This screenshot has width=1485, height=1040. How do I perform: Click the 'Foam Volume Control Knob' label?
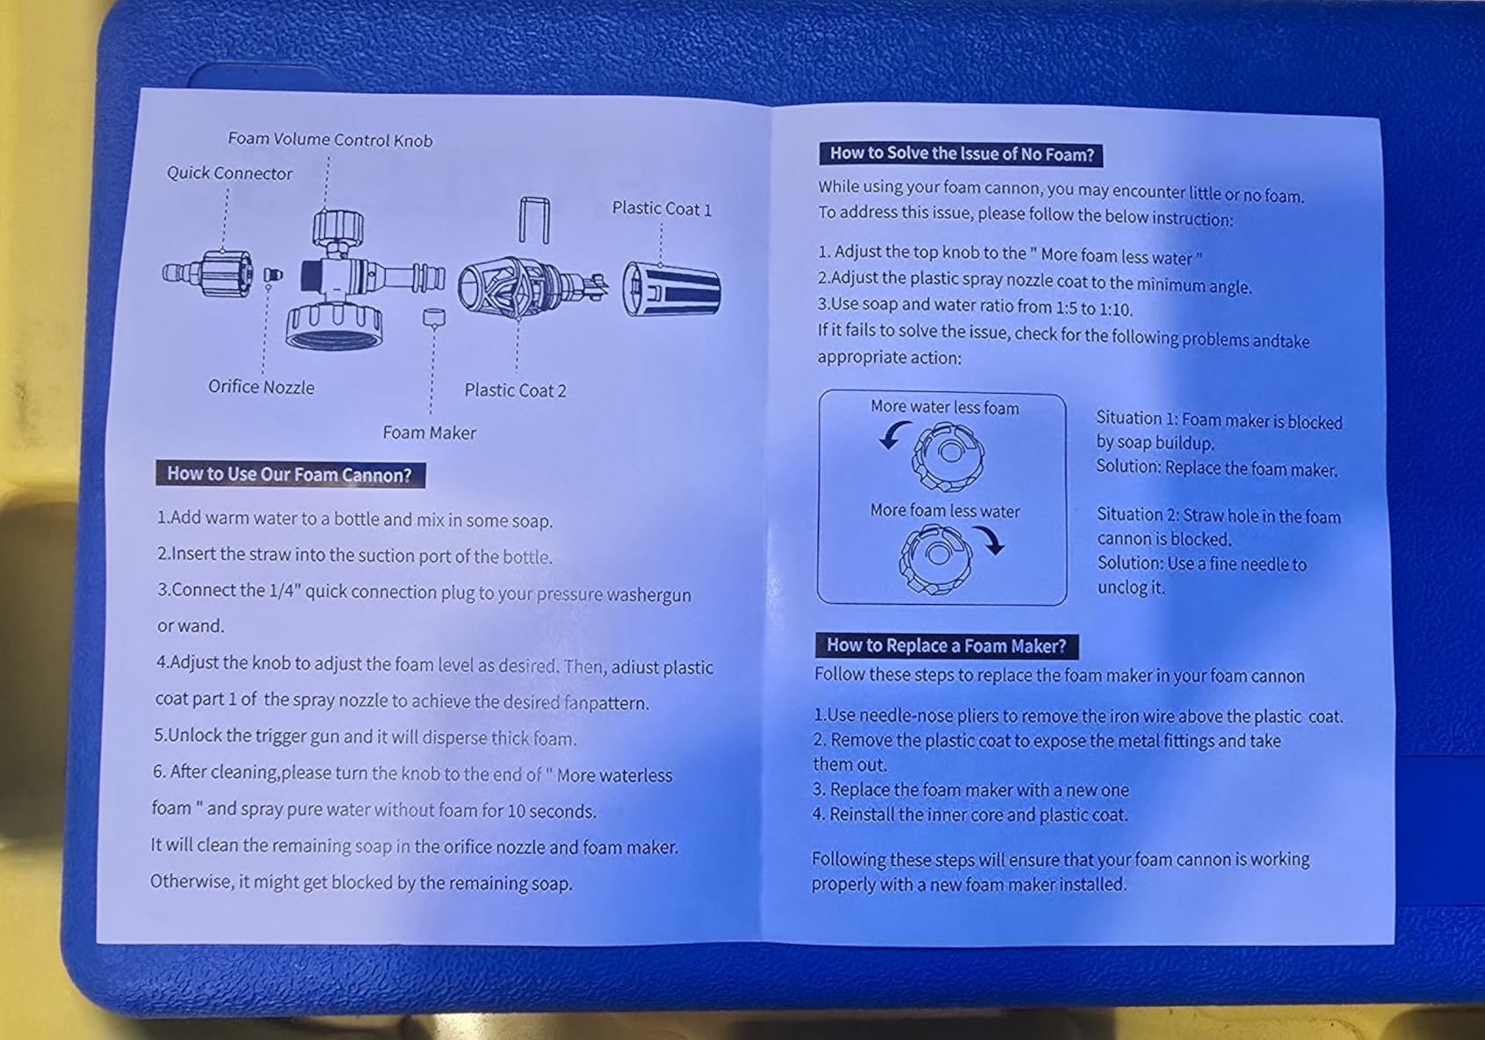pos(330,139)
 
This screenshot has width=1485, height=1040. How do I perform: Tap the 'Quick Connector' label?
pos(229,173)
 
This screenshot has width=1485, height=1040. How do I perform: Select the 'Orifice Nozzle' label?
pos(261,387)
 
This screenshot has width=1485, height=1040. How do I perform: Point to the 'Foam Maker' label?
pos(429,433)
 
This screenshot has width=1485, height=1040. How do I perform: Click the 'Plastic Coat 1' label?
pos(662,208)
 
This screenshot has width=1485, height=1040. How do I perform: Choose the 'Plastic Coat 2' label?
pos(515,390)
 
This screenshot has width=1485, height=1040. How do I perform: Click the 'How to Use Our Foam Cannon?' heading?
pos(290,474)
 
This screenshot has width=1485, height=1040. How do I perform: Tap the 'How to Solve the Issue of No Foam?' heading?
pos(961,154)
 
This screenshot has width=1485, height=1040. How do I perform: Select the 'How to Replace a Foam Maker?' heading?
pos(946,645)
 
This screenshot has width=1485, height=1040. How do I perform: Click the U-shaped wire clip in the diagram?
pos(533,220)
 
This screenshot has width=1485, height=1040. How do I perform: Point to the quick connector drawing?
pos(207,273)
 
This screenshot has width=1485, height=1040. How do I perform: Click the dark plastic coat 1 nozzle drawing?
pos(671,288)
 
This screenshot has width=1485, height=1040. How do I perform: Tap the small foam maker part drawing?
pos(434,317)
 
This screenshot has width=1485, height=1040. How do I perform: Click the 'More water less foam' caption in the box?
pos(945,407)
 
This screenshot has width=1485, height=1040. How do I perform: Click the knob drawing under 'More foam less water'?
pos(935,558)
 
